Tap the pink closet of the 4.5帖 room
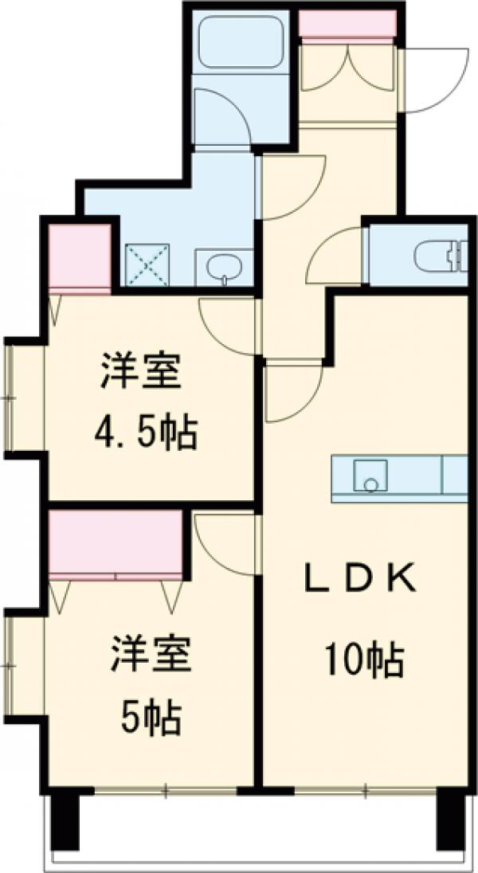click(x=80, y=256)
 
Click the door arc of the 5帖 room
click(x=223, y=542)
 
